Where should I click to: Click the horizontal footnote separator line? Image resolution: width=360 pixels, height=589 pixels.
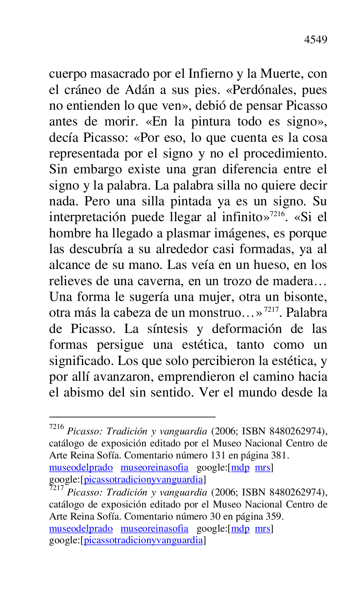click(132, 416)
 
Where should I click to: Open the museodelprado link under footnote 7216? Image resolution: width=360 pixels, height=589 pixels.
click(81, 468)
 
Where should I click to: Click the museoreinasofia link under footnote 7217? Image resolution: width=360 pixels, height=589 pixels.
click(154, 529)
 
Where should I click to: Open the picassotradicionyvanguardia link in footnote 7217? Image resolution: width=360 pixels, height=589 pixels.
click(143, 540)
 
